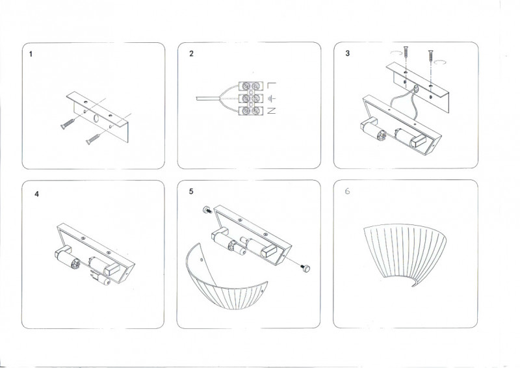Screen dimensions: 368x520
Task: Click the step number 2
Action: pyautogui.click(x=191, y=54)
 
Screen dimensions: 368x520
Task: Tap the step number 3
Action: pyautogui.click(x=348, y=54)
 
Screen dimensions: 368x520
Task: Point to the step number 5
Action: pyautogui.click(x=191, y=192)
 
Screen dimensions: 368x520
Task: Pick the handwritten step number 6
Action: pyautogui.click(x=347, y=192)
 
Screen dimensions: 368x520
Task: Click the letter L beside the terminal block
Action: pyautogui.click(x=271, y=85)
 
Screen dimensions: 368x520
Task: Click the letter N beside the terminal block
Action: pyautogui.click(x=271, y=111)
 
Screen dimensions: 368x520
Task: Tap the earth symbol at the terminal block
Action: pyautogui.click(x=272, y=98)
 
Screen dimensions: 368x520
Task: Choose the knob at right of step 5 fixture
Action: pyautogui.click(x=307, y=267)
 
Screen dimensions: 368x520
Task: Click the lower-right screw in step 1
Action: pyautogui.click(x=92, y=138)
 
